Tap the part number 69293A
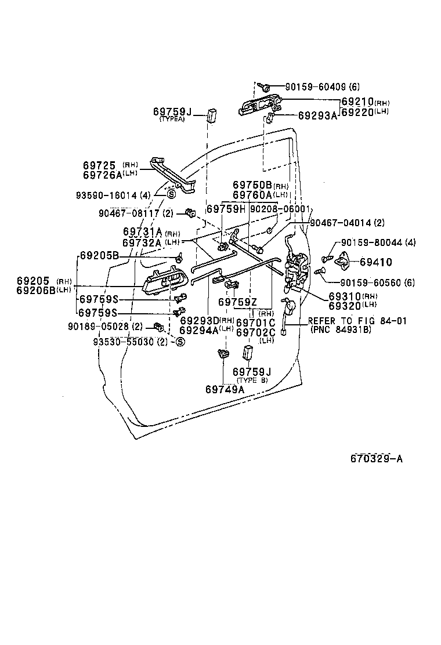point(317,115)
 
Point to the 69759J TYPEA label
point(172,113)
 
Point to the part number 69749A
point(225,389)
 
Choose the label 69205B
point(99,256)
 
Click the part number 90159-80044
point(377,242)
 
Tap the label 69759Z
point(237,302)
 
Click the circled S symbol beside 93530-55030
point(180,342)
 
